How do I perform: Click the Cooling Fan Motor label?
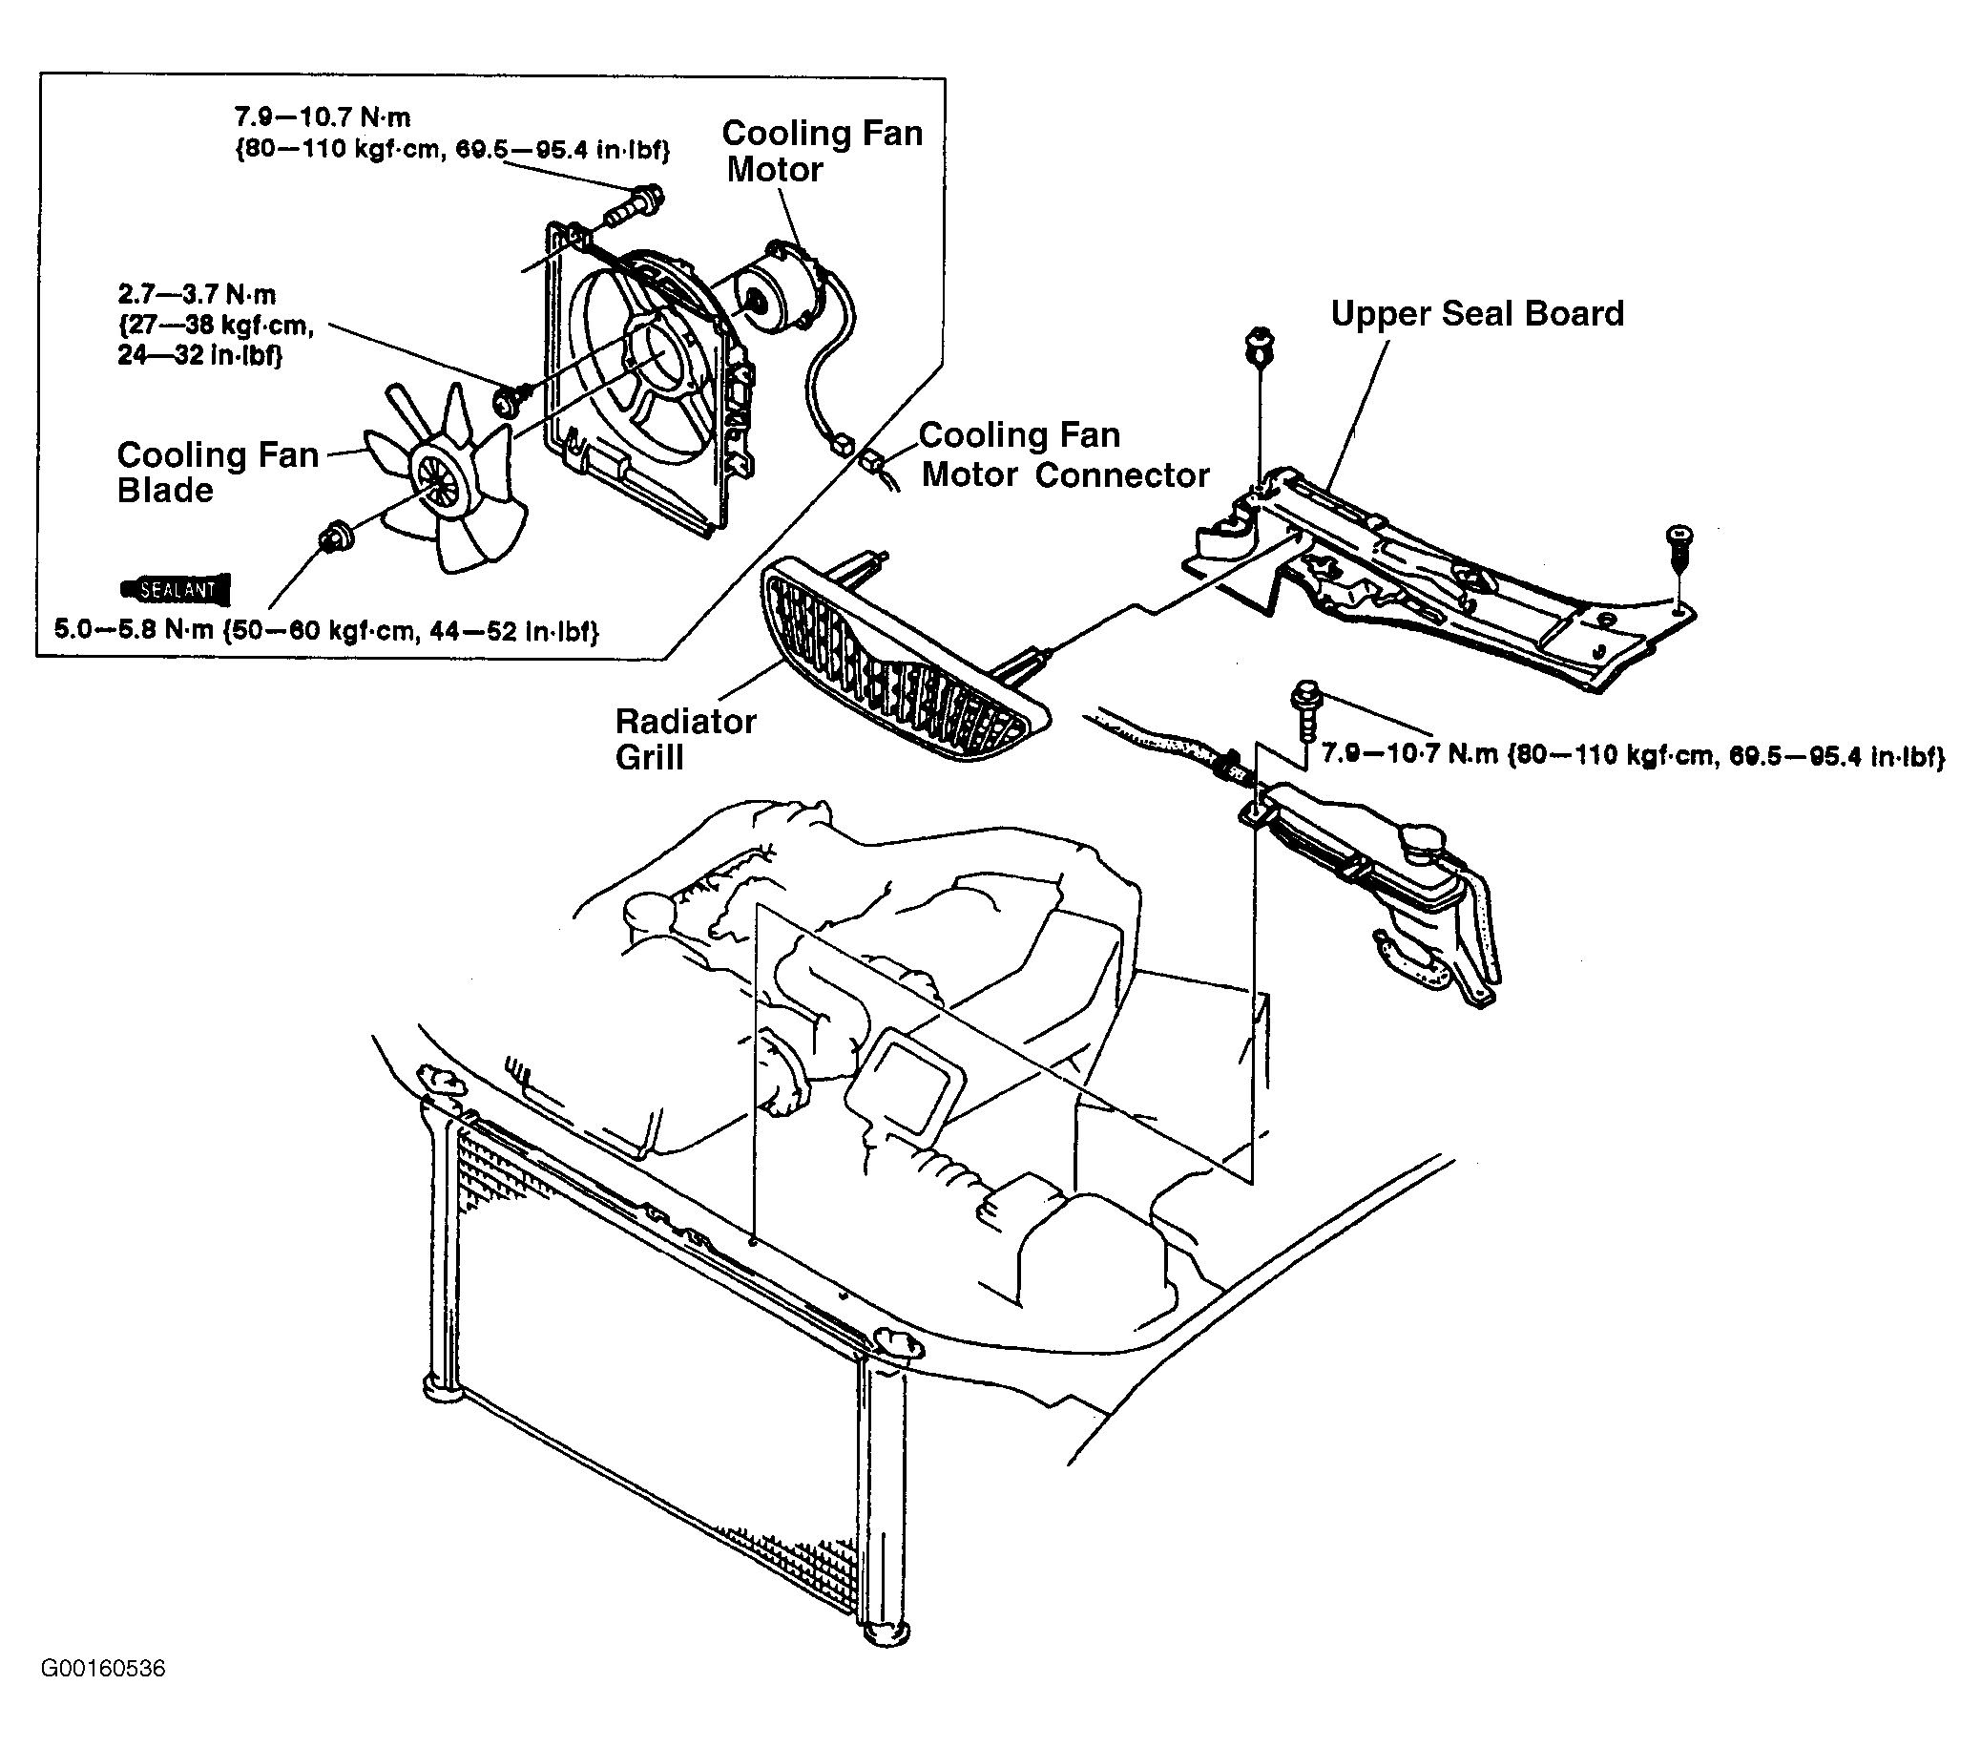click(822, 150)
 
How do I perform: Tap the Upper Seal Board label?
click(1477, 313)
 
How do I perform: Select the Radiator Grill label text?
click(685, 739)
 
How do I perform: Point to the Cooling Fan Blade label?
click(219, 473)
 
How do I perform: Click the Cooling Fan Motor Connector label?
click(1064, 454)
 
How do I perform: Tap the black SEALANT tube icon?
click(176, 588)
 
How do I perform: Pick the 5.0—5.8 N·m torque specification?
click(325, 631)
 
